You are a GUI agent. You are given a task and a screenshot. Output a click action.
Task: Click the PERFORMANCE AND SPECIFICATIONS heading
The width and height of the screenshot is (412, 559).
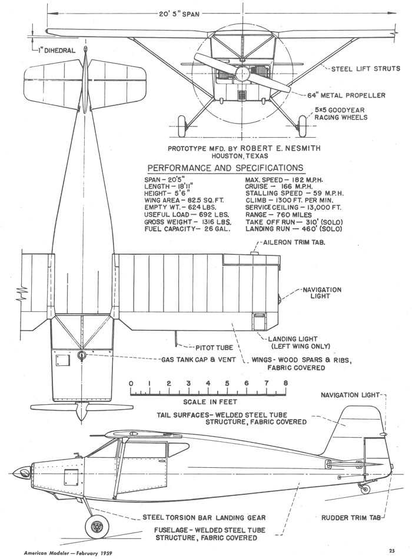[225, 167]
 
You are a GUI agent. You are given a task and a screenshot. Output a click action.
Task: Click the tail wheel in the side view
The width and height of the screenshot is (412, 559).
[366, 489]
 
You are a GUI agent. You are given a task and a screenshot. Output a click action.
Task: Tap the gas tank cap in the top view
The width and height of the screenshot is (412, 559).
[81, 355]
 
